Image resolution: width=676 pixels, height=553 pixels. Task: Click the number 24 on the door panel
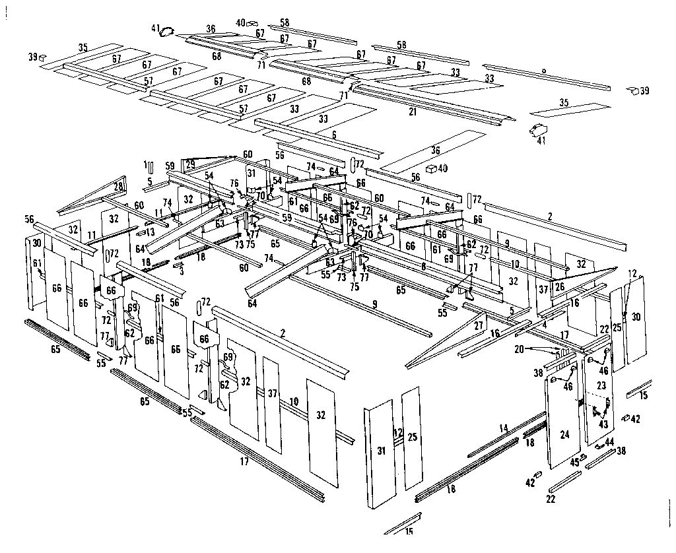point(564,434)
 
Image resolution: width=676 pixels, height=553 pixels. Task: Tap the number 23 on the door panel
point(601,385)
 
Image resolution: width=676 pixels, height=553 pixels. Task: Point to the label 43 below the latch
point(603,424)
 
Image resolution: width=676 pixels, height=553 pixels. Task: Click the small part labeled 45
point(575,462)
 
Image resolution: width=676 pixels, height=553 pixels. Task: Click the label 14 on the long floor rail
point(504,428)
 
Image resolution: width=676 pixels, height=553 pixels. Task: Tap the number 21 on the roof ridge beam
point(413,112)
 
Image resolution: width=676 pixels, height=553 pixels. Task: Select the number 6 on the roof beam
point(334,134)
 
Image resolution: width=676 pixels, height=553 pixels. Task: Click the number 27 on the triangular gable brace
point(479,325)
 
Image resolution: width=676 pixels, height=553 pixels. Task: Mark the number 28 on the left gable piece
point(119,187)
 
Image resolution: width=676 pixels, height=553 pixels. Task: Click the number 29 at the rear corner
point(191,164)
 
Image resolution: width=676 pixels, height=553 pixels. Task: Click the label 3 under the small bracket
point(182,271)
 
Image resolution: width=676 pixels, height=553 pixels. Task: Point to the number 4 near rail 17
point(544,325)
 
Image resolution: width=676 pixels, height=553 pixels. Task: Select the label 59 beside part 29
point(170,166)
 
